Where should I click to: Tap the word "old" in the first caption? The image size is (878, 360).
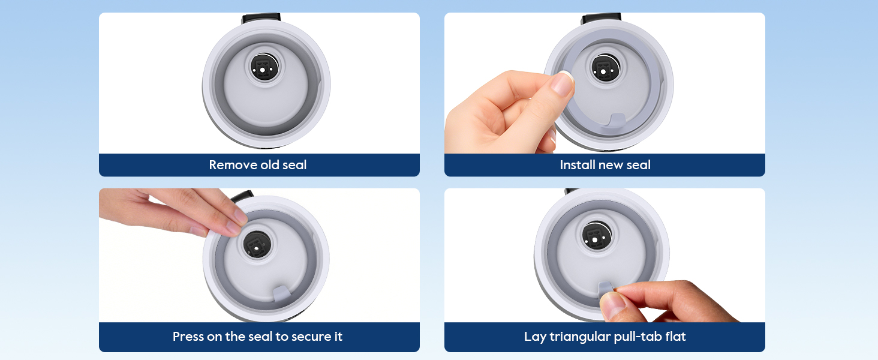click(x=269, y=165)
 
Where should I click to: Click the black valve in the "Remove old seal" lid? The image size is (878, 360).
click(x=264, y=67)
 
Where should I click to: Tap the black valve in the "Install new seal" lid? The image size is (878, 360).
click(x=606, y=68)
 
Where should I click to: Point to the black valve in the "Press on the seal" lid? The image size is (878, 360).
click(x=257, y=244)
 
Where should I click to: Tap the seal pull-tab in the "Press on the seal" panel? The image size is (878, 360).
click(x=281, y=293)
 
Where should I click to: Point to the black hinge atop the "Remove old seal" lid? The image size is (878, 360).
click(x=261, y=19)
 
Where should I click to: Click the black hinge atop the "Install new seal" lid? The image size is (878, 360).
click(x=602, y=19)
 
